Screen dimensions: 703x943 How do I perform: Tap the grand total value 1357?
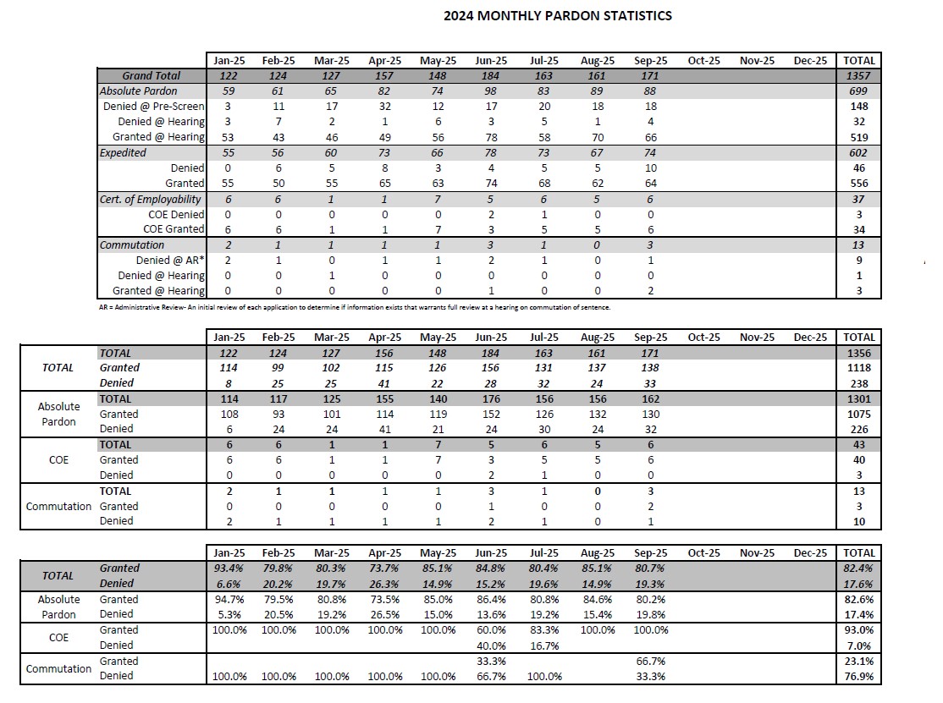point(859,76)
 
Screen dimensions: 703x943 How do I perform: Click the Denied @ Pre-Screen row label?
point(154,107)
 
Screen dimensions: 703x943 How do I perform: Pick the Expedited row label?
point(123,153)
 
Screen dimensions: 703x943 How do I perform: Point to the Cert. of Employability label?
point(151,200)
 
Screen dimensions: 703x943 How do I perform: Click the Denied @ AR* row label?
point(170,261)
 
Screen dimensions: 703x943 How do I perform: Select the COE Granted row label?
point(174,229)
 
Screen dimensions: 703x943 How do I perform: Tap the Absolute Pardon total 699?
point(859,91)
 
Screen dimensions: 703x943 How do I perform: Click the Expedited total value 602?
point(859,153)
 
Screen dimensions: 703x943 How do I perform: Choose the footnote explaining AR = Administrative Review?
point(354,307)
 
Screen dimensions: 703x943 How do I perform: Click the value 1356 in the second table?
point(859,353)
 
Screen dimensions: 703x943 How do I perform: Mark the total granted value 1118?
point(859,368)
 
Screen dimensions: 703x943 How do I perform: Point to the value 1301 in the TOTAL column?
point(859,398)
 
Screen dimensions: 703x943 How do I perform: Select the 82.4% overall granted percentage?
point(859,568)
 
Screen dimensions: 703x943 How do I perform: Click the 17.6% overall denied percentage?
point(859,584)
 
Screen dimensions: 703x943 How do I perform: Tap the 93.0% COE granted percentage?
point(859,630)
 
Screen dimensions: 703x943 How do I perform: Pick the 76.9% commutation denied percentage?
point(859,677)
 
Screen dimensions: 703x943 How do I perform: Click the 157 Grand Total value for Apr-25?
point(383,76)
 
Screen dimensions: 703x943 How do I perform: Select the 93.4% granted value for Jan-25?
point(226,568)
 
